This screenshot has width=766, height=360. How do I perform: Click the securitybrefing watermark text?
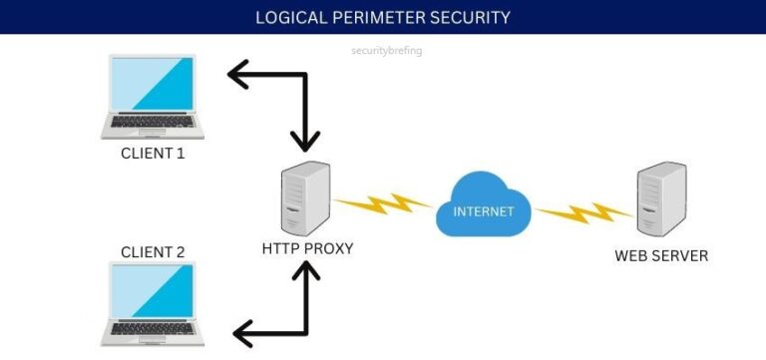pyautogui.click(x=388, y=50)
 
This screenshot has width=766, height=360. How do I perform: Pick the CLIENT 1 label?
pyautogui.click(x=153, y=154)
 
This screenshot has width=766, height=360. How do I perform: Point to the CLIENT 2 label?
pyautogui.click(x=153, y=251)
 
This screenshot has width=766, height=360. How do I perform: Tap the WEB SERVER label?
pyautogui.click(x=661, y=255)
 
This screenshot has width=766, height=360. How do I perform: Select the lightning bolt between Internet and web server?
pyautogui.click(x=584, y=212)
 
